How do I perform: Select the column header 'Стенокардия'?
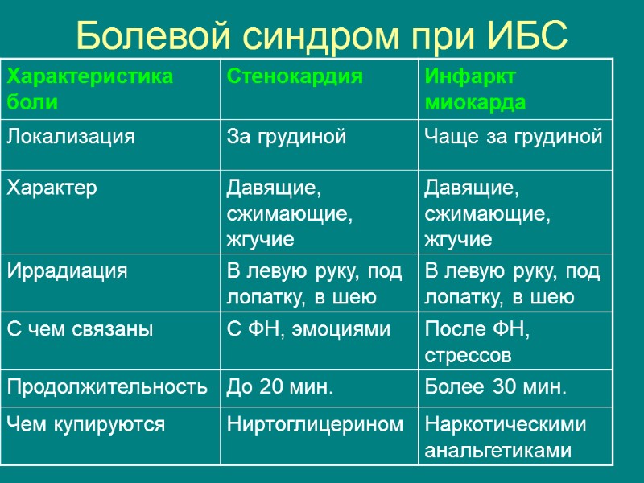click(295, 77)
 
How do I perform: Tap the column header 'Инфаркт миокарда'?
click(476, 89)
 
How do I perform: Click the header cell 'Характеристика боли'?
click(89, 89)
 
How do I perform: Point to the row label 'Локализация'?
click(70, 137)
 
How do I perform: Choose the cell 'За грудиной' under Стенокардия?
click(287, 137)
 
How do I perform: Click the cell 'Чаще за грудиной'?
click(514, 137)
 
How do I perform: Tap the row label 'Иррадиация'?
click(67, 270)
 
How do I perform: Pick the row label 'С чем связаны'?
click(80, 328)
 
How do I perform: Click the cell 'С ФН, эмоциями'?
click(308, 328)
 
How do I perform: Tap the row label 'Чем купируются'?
click(86, 425)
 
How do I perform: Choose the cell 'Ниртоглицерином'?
click(315, 425)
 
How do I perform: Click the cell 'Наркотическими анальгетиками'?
click(506, 437)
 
